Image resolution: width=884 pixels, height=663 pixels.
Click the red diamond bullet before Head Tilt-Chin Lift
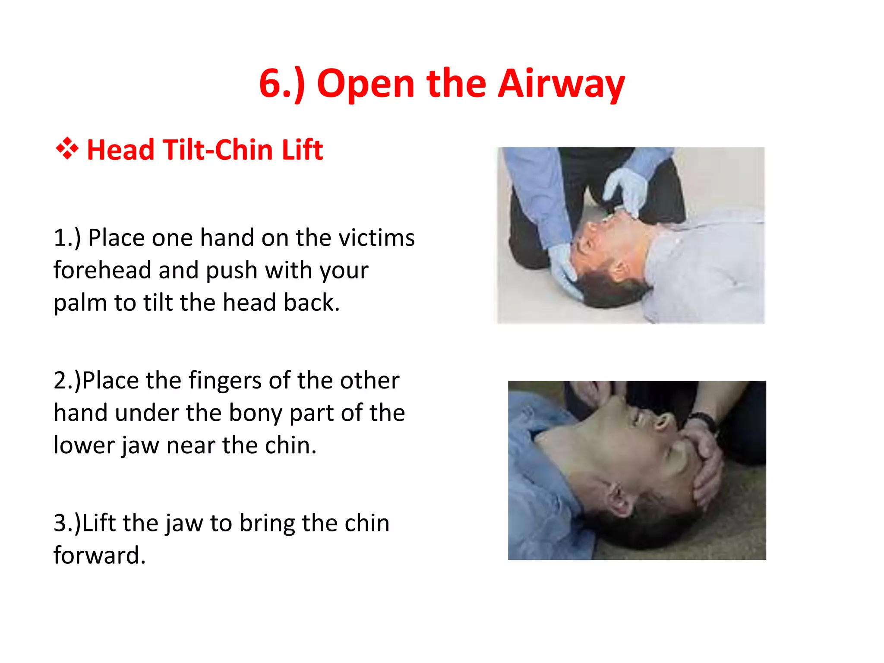(x=67, y=149)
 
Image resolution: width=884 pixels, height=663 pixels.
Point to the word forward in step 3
(x=99, y=556)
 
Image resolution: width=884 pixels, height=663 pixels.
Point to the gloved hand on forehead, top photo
(x=565, y=268)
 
